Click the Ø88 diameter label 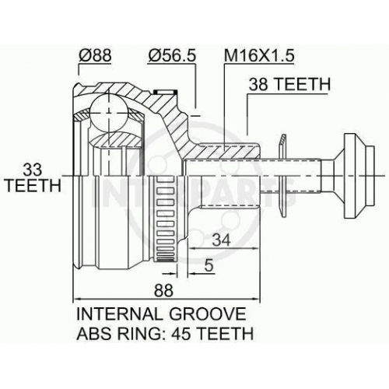pos(95,55)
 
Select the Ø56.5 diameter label pos(171,55)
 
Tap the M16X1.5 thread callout pos(259,55)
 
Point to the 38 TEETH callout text pos(289,84)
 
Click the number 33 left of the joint pos(33,170)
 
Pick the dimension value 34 pos(221,240)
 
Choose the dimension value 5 pos(209,265)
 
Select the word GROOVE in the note pos(208,314)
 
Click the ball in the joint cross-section pos(109,113)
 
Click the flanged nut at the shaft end pos(359,177)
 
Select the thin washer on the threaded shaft pos(282,177)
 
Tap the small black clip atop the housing pos(165,92)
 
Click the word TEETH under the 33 pos(33,185)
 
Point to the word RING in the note pos(134,333)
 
